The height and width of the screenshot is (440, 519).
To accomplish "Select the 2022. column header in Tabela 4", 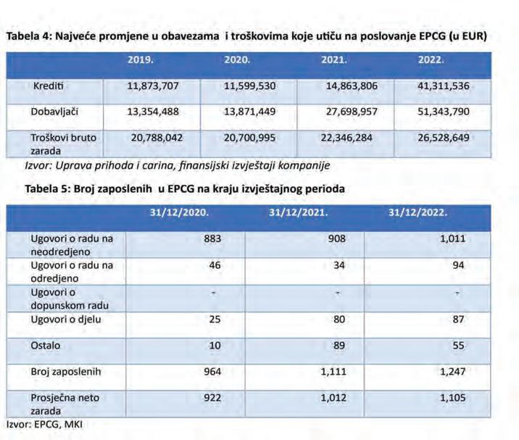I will (x=431, y=61).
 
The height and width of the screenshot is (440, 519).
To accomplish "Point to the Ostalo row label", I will (x=46, y=346).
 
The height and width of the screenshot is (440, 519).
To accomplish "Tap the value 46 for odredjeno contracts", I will (x=214, y=266).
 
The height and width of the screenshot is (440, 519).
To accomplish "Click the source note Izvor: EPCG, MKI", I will (x=43, y=424).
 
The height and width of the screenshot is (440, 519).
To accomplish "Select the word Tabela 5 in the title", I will (x=44, y=188).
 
